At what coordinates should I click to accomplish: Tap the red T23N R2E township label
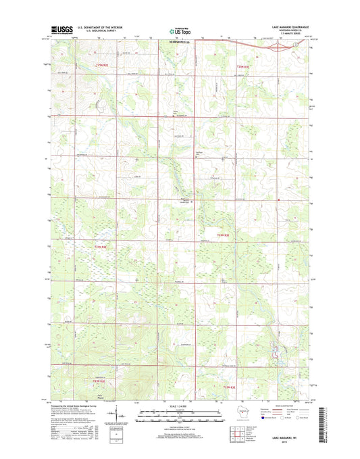pyautogui.click(x=101, y=247)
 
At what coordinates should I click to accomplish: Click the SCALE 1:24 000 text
pyautogui.click(x=179, y=406)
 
